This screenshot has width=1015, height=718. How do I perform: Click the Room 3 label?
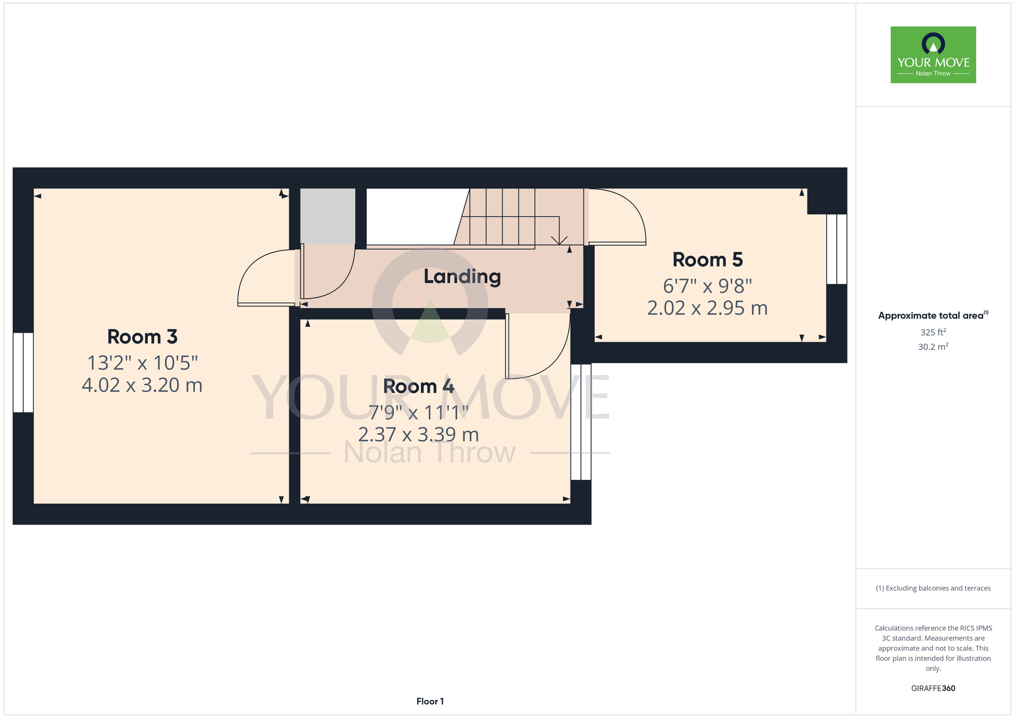pos(142,337)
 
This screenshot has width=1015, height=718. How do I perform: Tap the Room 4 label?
pos(419,386)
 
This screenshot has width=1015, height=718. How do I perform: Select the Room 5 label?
pos(707,260)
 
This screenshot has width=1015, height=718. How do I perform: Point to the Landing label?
pos(462,277)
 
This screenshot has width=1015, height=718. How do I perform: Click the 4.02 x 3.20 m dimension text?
pos(142,385)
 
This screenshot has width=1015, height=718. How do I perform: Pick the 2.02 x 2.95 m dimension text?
pos(707,308)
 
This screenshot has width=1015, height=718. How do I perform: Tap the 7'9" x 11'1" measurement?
pos(419,412)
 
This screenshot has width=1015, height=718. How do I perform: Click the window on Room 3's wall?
pos(23,373)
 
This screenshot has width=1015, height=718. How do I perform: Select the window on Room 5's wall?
pos(837,249)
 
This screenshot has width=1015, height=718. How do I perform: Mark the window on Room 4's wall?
pos(581,422)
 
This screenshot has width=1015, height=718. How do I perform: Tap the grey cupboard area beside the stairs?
pos(328,216)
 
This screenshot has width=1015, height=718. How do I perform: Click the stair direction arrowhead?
pos(559,240)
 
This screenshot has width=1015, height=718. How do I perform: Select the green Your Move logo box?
pos(933,55)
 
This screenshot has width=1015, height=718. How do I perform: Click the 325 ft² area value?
pos(933,332)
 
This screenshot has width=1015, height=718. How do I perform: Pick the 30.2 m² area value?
pos(933,347)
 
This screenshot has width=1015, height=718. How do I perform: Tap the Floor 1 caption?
pos(430,701)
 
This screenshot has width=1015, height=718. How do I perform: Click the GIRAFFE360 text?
pos(933,689)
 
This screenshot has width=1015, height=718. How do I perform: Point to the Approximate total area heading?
pos(933,315)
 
